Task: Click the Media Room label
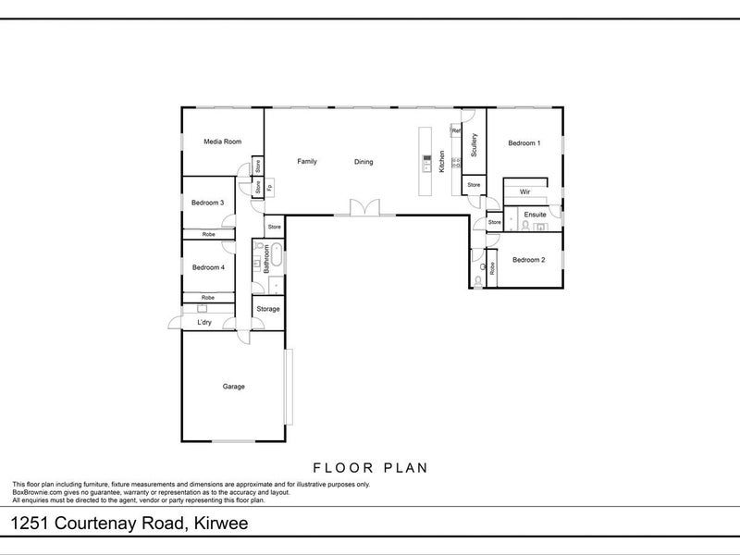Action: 222,142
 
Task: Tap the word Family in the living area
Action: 306,162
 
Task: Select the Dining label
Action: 364,163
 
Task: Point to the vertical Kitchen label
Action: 442,163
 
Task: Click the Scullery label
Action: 474,146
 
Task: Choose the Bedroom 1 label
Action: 524,142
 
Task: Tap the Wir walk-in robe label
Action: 524,191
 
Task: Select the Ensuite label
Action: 535,215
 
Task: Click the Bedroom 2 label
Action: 528,260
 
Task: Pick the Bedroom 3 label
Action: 208,203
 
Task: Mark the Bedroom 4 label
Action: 208,267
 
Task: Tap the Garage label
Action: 233,386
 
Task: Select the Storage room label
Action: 267,309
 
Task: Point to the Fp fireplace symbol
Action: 270,189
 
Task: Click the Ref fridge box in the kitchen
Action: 456,130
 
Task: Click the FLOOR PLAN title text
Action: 370,467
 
